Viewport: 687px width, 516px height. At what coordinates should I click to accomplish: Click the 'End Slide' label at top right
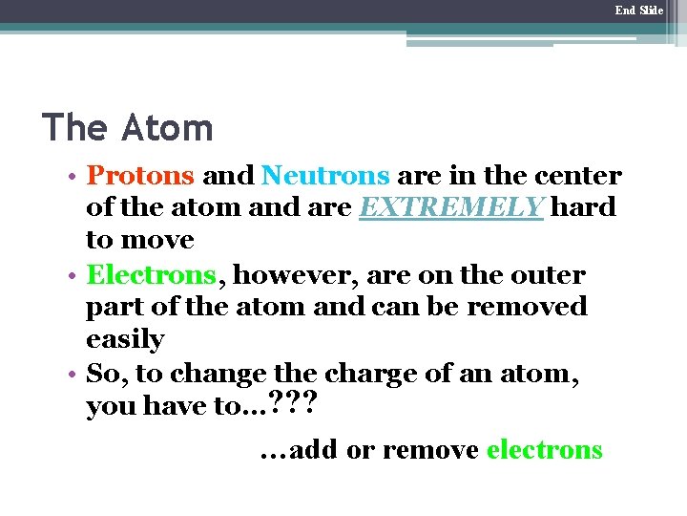click(638, 11)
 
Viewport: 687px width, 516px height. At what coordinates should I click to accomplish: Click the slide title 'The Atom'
click(128, 127)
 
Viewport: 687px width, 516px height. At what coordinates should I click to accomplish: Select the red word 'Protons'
click(140, 177)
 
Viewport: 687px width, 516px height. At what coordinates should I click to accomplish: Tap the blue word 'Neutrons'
click(325, 177)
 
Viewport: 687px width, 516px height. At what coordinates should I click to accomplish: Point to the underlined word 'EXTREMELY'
click(450, 207)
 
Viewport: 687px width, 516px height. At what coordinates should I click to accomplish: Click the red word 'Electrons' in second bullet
click(152, 275)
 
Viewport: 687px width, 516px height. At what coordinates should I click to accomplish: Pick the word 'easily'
click(125, 340)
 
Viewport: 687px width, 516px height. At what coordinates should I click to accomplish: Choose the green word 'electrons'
click(545, 450)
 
